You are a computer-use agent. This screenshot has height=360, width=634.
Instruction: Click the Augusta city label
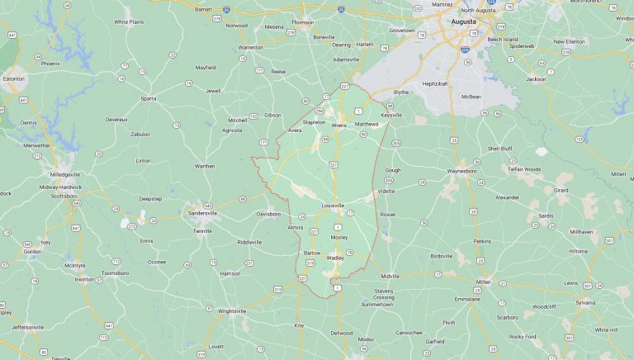(464, 22)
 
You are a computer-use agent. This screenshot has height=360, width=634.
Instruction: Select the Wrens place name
(338, 126)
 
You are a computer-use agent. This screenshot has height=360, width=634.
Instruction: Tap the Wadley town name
(335, 258)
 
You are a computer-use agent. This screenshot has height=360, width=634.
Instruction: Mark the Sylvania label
(584, 303)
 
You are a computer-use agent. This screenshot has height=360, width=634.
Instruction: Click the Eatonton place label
(14, 78)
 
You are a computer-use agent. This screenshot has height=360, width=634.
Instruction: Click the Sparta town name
(149, 98)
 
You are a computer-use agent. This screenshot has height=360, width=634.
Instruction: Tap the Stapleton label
(315, 122)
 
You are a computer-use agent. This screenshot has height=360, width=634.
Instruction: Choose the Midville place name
(390, 276)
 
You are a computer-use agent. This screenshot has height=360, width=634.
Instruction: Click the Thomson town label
(302, 22)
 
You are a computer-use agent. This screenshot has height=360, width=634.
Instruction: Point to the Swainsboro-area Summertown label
(377, 304)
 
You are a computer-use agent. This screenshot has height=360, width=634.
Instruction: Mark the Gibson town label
(272, 115)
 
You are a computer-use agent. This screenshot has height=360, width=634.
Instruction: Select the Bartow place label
(312, 253)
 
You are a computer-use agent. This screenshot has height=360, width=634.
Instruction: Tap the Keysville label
(391, 115)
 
